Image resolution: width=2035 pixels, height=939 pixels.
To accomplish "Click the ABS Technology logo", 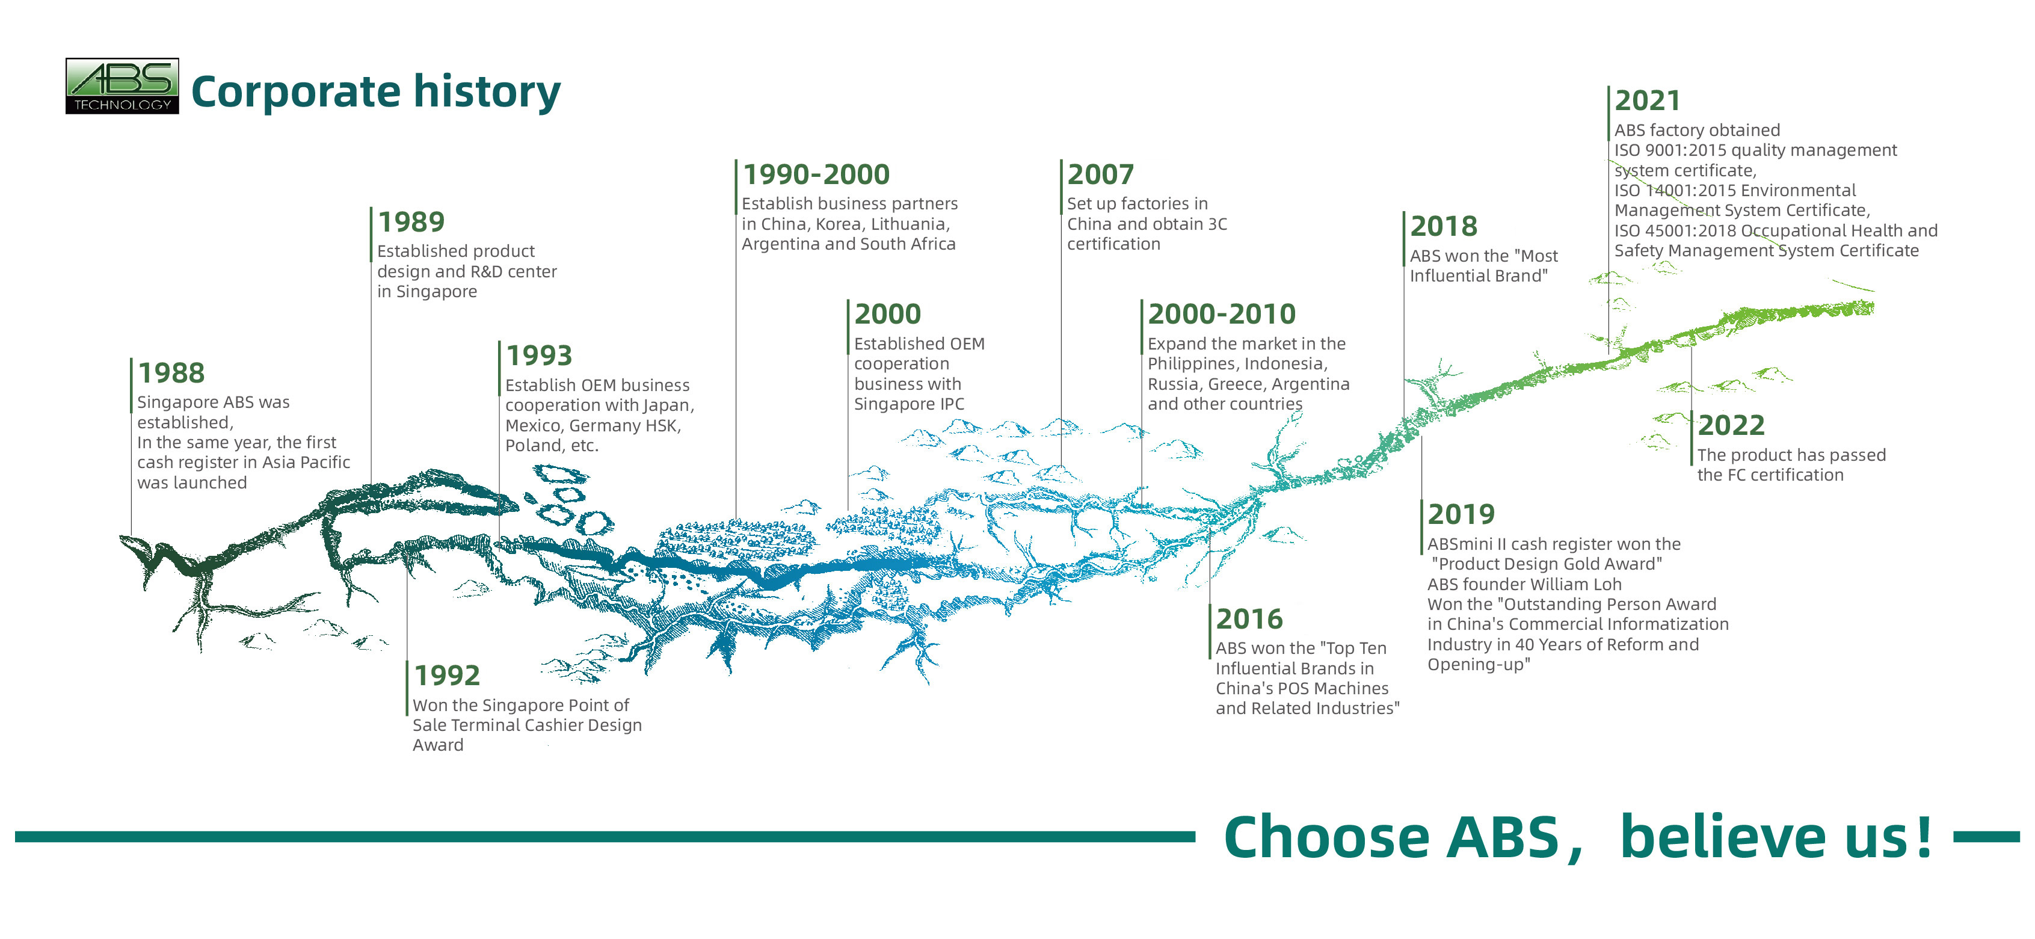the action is pyautogui.click(x=122, y=86).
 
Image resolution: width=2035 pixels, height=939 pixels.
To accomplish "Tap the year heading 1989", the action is pyautogui.click(x=411, y=221).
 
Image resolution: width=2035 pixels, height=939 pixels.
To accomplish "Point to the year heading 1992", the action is pyautogui.click(x=447, y=676).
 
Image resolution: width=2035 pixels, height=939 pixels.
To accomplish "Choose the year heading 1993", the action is pyautogui.click(x=539, y=356).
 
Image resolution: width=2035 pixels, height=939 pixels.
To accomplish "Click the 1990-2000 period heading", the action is pyautogui.click(x=816, y=174).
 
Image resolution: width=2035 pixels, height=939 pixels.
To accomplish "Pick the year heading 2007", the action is pyautogui.click(x=1100, y=174).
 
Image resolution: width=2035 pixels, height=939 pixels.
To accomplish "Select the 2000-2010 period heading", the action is pyautogui.click(x=1221, y=313).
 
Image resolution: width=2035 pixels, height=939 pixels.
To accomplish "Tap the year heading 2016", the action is pyautogui.click(x=1249, y=618).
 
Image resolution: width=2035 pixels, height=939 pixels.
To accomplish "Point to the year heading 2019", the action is pyautogui.click(x=1461, y=514).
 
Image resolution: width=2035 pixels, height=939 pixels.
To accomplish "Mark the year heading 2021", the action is pyautogui.click(x=1647, y=100).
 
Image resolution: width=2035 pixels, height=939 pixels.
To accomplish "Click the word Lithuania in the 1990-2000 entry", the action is pyautogui.click(x=910, y=224).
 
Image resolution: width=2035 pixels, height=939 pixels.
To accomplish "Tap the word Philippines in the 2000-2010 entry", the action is pyautogui.click(x=1196, y=364).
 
